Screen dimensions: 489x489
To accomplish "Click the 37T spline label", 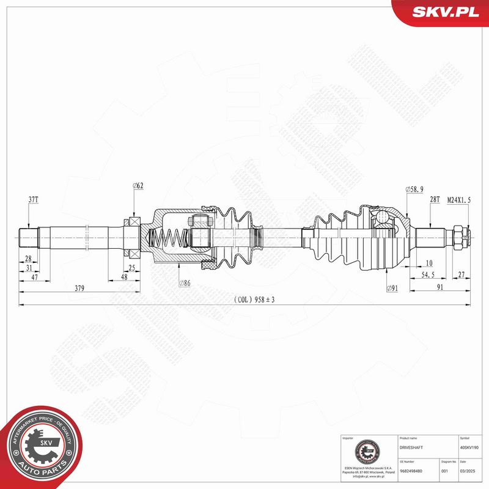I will coord(33,200).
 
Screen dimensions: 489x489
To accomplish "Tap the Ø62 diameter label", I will coord(138,185).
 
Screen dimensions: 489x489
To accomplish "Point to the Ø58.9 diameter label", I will coord(415,190).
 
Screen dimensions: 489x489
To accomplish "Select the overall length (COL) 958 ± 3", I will coord(255,300).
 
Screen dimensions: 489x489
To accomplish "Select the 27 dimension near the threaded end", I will coord(460,276).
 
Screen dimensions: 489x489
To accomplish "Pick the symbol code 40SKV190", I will coord(470,447).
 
